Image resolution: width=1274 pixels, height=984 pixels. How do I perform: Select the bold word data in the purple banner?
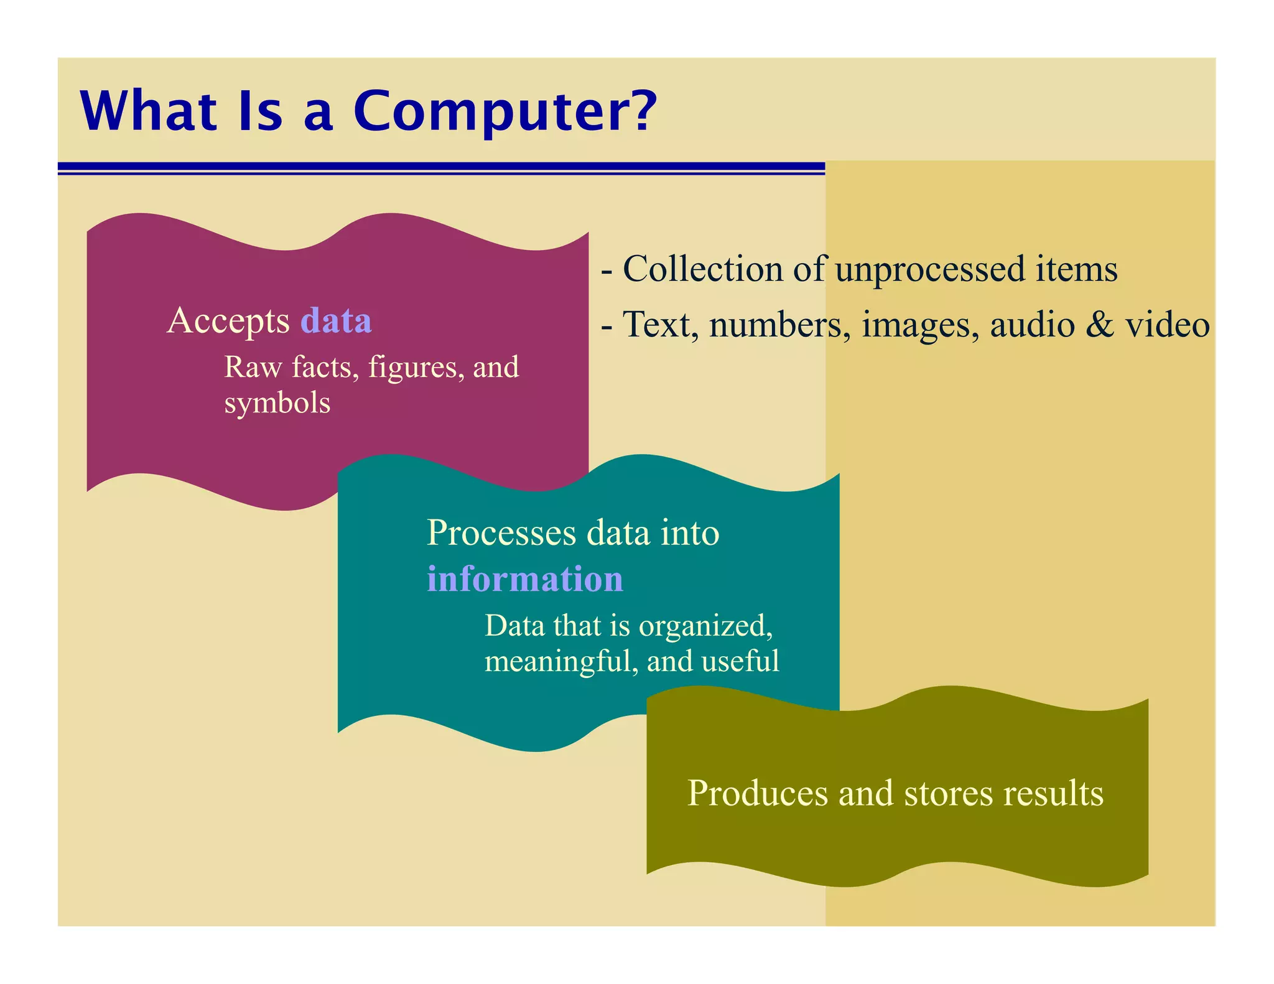click(336, 321)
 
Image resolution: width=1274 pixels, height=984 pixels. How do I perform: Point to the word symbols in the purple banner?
click(277, 404)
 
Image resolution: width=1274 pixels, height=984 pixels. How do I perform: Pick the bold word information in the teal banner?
click(524, 579)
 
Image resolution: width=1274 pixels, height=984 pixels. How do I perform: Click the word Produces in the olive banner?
click(757, 794)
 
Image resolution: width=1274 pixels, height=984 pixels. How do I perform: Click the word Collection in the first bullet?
click(702, 269)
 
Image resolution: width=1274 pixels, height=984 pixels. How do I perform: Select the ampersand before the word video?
click(1100, 325)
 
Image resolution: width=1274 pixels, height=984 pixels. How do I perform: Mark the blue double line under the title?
click(441, 168)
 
